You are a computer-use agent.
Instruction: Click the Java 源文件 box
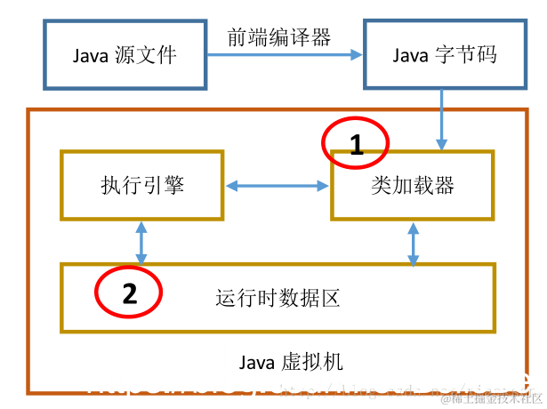click(x=125, y=56)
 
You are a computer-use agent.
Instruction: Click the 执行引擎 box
click(x=142, y=185)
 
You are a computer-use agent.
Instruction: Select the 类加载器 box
click(x=412, y=185)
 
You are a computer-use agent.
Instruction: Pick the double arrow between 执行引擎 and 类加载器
click(x=278, y=186)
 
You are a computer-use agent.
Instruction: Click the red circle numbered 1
click(x=356, y=142)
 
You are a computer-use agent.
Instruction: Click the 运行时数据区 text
click(x=278, y=297)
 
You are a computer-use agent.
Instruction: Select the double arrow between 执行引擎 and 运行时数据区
click(x=141, y=241)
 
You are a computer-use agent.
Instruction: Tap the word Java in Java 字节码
click(x=409, y=56)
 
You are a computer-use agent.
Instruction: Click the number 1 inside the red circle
click(x=357, y=146)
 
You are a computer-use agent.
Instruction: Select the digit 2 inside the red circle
click(x=130, y=294)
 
